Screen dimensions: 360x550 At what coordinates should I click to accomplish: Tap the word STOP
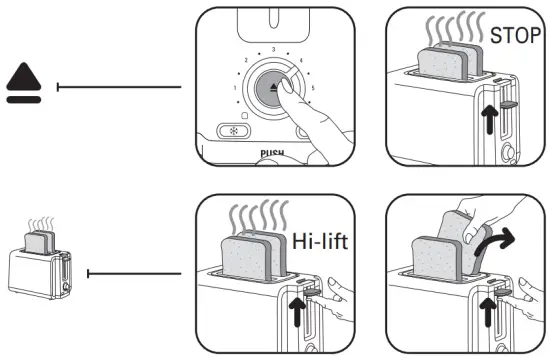pos(516,35)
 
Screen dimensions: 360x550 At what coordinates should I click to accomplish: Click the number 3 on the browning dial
pos(273,49)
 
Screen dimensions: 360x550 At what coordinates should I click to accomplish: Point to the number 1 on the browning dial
pos(236,88)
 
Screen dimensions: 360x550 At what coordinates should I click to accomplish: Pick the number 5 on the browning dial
pos(312,88)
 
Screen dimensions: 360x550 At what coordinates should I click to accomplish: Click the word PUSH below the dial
pos(272,156)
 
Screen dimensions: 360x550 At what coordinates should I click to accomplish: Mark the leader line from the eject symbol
pos(120,87)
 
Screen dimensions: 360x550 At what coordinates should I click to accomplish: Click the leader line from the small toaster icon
pos(135,271)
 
